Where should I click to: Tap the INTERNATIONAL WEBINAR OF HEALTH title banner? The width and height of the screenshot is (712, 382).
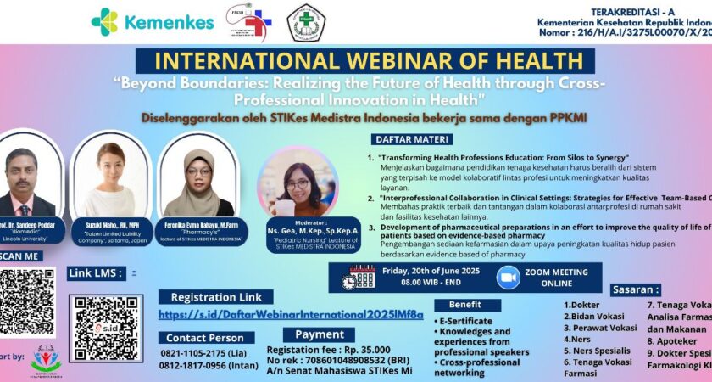pyautogui.click(x=359, y=61)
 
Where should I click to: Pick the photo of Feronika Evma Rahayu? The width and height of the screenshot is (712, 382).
pyautogui.click(x=198, y=183)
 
